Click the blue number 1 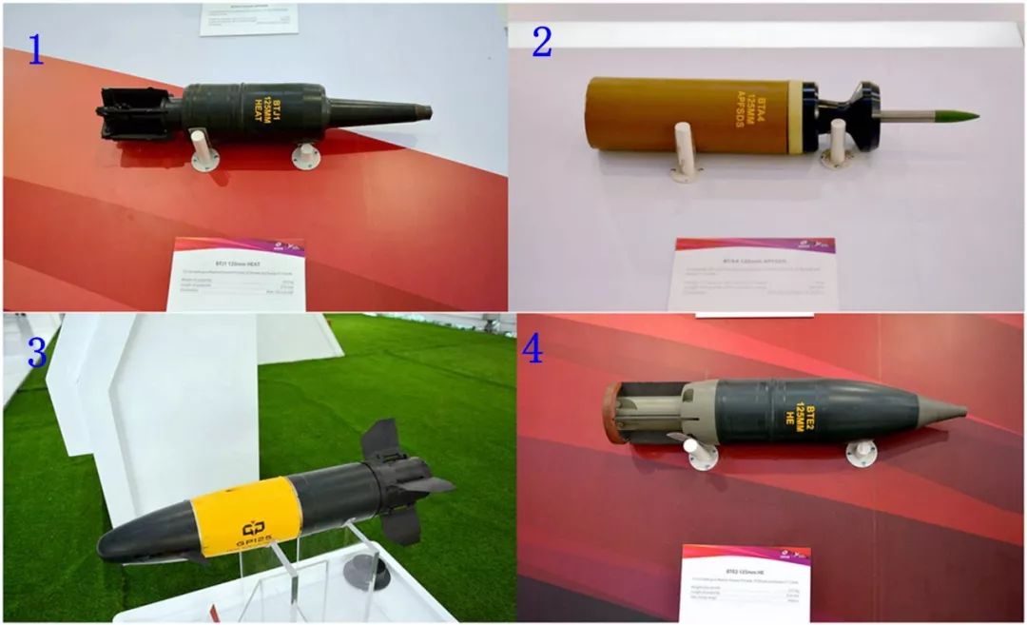(x=35, y=49)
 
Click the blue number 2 (x=542, y=42)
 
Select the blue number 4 (x=532, y=349)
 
